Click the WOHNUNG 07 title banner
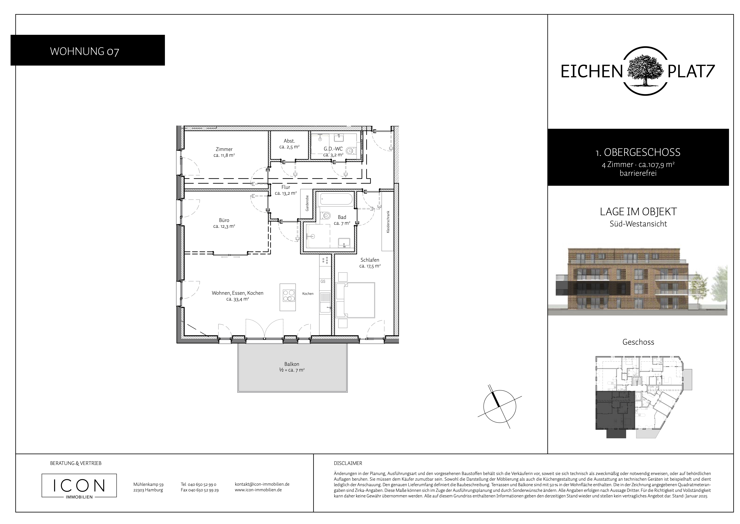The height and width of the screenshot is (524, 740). pos(88,50)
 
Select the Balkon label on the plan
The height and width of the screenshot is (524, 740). pos(292,364)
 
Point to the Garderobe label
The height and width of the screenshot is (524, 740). pos(307,203)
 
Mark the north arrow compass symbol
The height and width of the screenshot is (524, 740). pos(500,406)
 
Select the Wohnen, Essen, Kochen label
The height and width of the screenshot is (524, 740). pos(238,293)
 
